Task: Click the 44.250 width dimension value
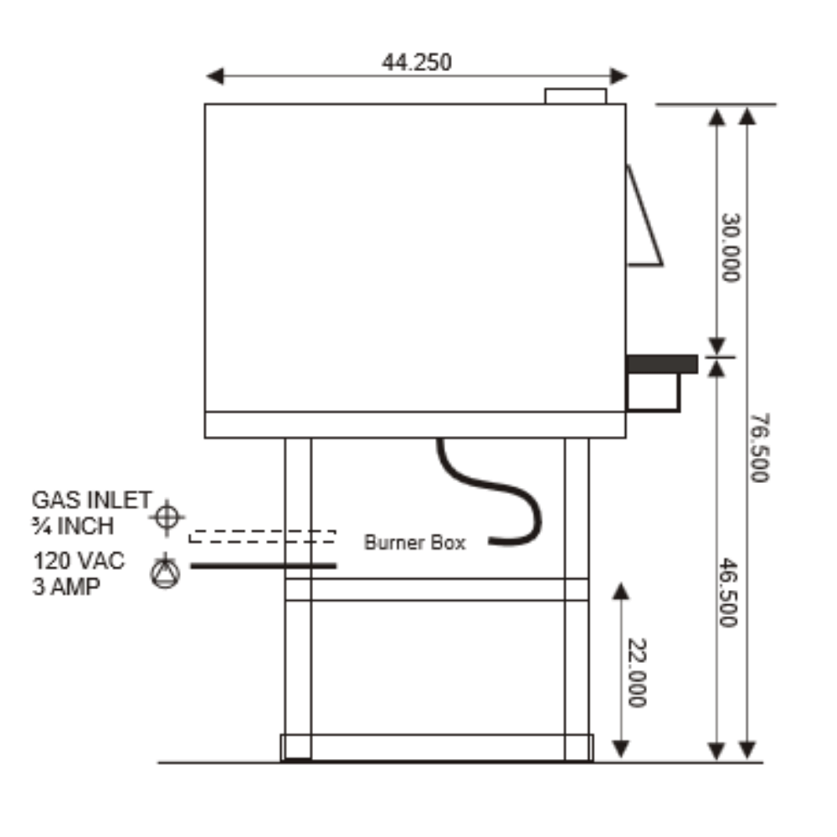click(x=416, y=63)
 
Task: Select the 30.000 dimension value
click(x=731, y=247)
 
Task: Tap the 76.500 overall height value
click(x=759, y=447)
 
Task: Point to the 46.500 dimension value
click(x=727, y=593)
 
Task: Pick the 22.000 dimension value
click(x=637, y=673)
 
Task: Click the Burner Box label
click(x=415, y=542)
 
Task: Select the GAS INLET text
click(x=92, y=501)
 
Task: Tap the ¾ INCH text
click(x=73, y=526)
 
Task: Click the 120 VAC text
click(x=79, y=561)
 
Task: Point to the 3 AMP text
click(x=66, y=587)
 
